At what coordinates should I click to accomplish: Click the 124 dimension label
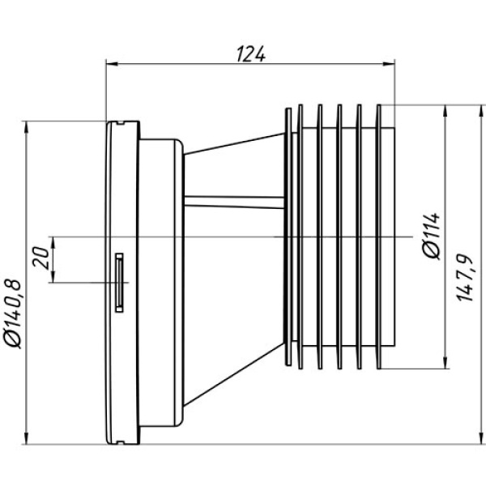pos(251,54)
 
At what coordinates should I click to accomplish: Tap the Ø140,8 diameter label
pos(13,314)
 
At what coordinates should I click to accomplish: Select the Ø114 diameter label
pos(432,236)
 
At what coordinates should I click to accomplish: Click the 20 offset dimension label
pos(40,258)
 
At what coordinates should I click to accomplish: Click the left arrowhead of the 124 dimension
pos(113,64)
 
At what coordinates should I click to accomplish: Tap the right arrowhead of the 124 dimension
pos(389,64)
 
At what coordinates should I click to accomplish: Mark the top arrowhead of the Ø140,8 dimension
pos(26,127)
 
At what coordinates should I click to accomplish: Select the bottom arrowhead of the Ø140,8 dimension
pos(26,438)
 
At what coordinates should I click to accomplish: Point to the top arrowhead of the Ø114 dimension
pos(446,111)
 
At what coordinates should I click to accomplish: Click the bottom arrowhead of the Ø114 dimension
pos(446,362)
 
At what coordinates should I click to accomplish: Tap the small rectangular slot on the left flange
pos(119,283)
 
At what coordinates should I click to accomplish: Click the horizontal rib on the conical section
pos(234,202)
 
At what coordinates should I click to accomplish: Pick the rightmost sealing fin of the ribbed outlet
pos(378,237)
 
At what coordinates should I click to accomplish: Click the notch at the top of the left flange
pos(121,123)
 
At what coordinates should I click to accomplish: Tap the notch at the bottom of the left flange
pos(121,442)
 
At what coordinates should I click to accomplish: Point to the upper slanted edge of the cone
pos(234,143)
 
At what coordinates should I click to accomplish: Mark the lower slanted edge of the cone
pos(234,374)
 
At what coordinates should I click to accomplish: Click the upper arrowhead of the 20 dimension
pos(53,243)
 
